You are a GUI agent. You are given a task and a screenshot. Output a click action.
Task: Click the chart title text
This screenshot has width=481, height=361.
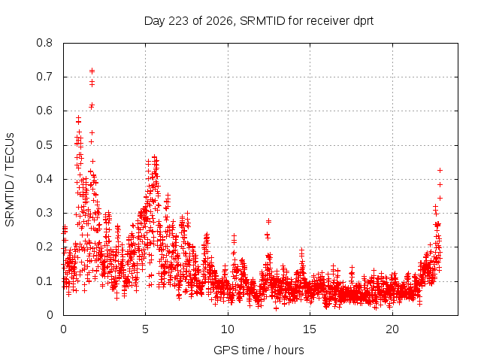259,21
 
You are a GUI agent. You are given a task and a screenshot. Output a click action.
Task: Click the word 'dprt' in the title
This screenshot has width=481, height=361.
364,21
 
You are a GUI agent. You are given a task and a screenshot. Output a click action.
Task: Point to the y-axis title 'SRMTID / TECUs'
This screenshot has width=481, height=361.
10,180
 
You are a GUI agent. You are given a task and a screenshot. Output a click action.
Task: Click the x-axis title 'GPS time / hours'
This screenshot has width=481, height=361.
259,350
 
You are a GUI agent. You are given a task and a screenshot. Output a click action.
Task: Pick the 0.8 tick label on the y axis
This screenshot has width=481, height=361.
44,43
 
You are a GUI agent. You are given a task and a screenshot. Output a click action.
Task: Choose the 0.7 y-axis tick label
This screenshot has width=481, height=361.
44,77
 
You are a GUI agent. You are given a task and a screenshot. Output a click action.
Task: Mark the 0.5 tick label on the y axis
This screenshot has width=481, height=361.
44,145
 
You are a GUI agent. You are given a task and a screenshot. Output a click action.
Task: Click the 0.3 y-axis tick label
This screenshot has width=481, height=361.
44,213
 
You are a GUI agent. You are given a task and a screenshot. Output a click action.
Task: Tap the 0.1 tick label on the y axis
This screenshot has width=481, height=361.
44,281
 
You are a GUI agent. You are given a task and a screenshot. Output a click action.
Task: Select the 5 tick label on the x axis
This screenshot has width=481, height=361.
145,329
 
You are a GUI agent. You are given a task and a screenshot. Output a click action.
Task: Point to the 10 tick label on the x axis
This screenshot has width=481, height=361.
228,329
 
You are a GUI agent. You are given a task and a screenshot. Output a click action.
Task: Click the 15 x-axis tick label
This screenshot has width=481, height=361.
310,329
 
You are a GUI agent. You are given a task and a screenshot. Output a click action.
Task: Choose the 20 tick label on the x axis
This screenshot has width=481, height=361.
392,329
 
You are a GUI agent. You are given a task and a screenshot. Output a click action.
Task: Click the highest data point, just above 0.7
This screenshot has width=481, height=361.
92,71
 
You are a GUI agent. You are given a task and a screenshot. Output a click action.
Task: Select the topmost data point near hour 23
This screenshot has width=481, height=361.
440,171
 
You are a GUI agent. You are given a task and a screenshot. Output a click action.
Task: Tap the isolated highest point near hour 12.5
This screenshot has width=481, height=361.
269,221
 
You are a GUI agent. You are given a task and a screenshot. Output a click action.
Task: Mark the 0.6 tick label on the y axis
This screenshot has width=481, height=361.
44,111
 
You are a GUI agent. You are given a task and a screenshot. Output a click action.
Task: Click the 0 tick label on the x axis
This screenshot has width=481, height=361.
63,329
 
